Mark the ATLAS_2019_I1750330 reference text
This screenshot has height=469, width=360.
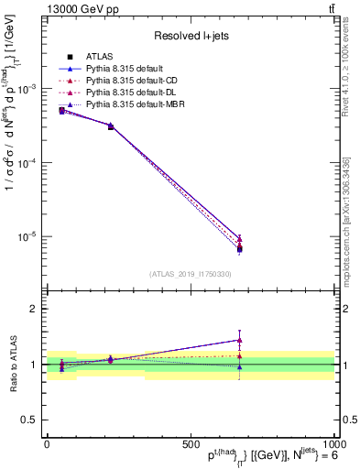click(x=190, y=274)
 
